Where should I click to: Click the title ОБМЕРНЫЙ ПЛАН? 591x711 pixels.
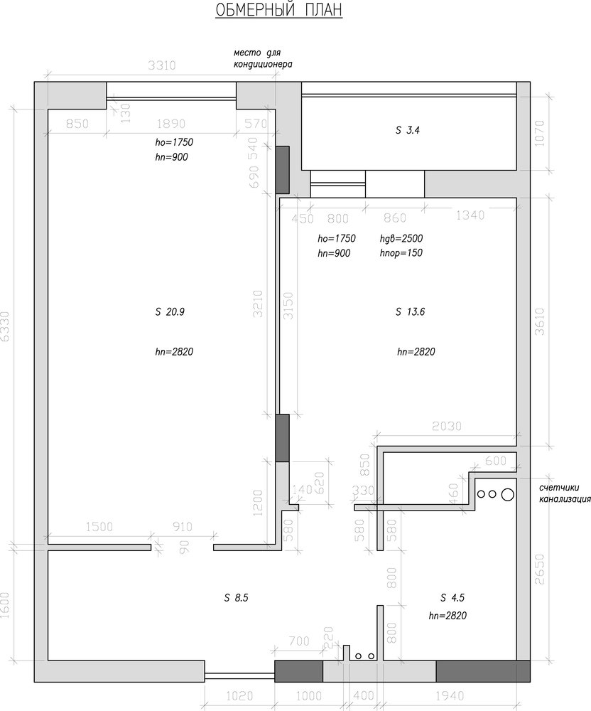(x=278, y=9)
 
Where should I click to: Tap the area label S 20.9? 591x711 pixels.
(x=170, y=312)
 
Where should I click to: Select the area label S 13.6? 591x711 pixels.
(x=411, y=312)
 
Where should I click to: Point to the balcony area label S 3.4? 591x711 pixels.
(x=408, y=131)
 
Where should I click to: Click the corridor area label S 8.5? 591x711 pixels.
(x=236, y=598)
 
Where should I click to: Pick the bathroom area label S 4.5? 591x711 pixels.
(x=452, y=598)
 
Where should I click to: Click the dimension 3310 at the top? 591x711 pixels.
(x=162, y=65)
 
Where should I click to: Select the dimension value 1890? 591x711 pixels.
(x=171, y=124)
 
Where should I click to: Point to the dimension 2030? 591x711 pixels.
(x=447, y=426)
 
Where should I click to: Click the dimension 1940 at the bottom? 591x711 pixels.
(x=450, y=695)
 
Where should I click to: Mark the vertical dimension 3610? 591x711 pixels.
(x=539, y=321)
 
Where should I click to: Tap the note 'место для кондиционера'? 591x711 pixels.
(x=263, y=59)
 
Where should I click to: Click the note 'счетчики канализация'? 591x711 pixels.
(x=565, y=493)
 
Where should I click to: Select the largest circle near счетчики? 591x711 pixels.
(x=508, y=494)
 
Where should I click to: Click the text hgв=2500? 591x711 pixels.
(x=401, y=238)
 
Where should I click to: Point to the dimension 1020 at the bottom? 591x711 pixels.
(x=239, y=695)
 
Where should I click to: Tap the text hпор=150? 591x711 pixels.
(x=401, y=253)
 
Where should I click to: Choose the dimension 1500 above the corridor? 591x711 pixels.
(x=99, y=527)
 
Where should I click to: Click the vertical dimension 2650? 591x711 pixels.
(x=539, y=569)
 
